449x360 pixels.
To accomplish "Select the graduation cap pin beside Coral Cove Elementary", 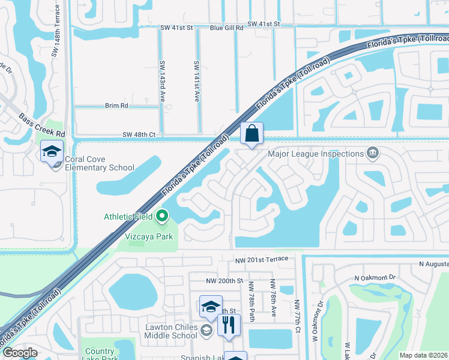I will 52,151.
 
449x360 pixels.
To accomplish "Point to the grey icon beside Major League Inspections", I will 373,154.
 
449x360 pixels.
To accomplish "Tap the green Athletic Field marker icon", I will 161,215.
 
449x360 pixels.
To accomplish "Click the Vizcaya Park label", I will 149,236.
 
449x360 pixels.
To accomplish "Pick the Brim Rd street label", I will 117,106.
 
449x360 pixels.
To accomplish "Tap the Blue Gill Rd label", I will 226,28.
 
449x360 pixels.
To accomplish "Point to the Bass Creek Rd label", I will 41,124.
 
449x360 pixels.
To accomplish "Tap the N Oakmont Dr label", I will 376,278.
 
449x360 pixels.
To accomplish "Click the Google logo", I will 19,353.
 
